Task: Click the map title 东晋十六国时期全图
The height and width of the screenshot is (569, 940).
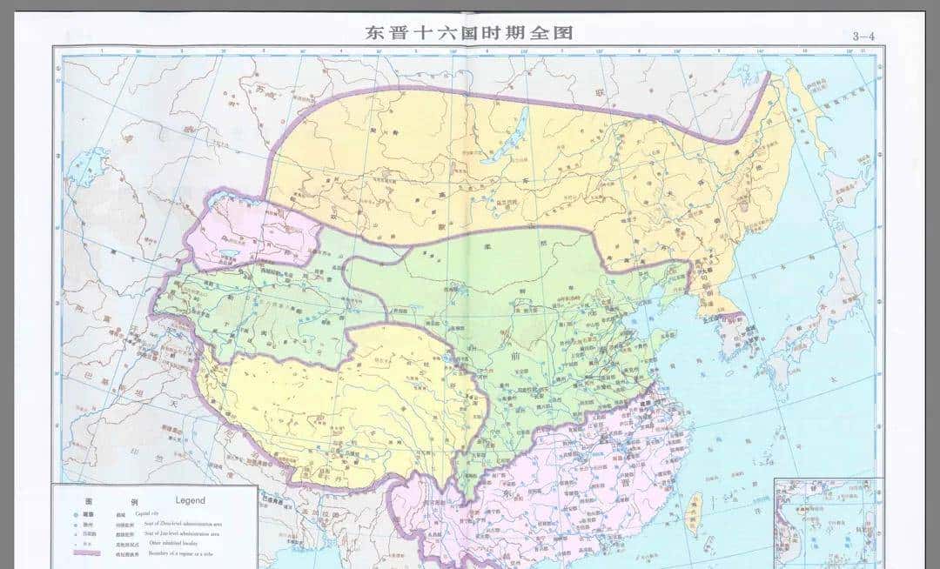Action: point(470,33)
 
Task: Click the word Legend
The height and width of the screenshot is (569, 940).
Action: point(190,500)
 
